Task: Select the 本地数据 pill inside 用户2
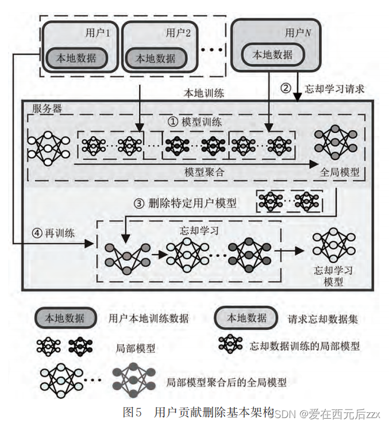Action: click(155, 58)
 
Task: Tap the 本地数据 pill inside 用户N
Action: click(274, 55)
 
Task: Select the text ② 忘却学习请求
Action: click(323, 89)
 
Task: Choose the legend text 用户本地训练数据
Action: click(148, 318)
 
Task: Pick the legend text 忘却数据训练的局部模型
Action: click(305, 346)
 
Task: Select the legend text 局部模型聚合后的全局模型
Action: click(226, 381)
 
